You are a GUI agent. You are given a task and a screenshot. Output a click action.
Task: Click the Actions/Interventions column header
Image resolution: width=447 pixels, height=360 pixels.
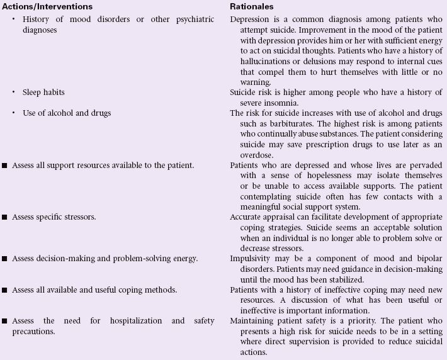pyautogui.click(x=47, y=6)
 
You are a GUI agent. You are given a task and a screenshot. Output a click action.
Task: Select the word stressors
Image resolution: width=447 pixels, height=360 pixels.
pyautogui.click(x=80, y=217)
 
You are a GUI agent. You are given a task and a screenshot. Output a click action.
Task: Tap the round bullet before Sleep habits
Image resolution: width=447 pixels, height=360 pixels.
pyautogui.click(x=14, y=92)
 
